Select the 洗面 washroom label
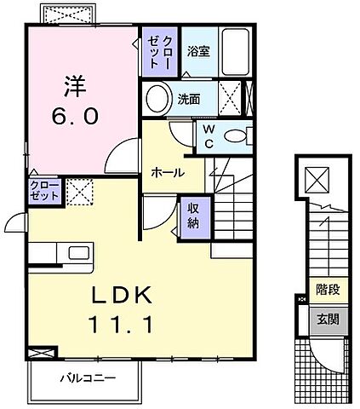[x=188, y=98]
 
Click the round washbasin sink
[x=157, y=99]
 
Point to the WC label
[x=208, y=135]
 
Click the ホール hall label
[x=168, y=171]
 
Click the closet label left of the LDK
[x=44, y=190]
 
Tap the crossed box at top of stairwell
[x=317, y=179]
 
